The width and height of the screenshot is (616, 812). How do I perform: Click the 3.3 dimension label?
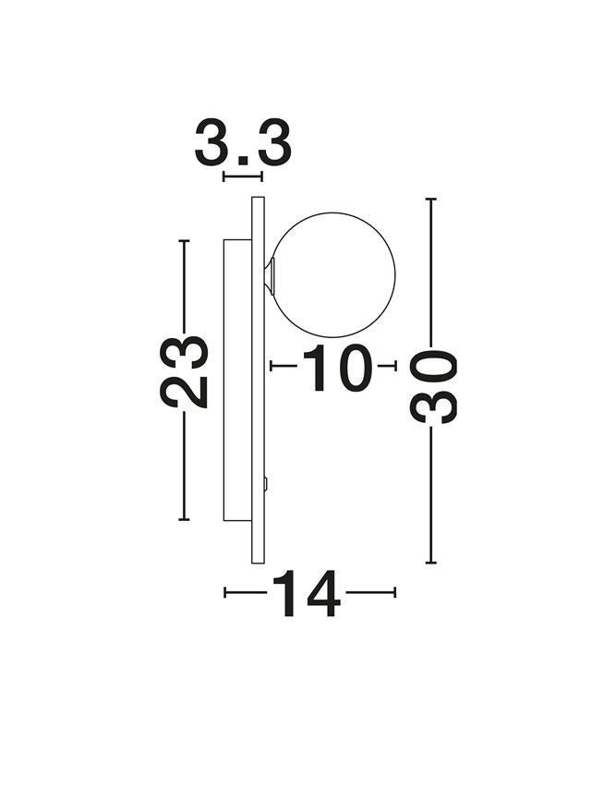click(243, 144)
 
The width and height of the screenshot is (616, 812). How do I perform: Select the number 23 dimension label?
click(185, 371)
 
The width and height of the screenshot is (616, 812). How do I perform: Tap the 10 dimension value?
click(337, 367)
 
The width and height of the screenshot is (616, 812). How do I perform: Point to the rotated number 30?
click(434, 386)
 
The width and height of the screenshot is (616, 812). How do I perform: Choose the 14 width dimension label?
click(306, 593)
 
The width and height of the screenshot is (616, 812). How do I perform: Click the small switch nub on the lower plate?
click(266, 482)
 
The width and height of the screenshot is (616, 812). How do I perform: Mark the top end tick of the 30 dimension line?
click(430, 199)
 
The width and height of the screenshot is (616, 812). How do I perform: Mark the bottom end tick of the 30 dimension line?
click(430, 563)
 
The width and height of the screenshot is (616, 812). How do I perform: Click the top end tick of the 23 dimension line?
click(184, 240)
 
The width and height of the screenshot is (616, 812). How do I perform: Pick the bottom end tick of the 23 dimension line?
click(184, 520)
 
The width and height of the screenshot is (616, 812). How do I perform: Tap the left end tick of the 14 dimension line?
click(224, 592)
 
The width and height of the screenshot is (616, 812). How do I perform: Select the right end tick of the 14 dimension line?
click(395, 592)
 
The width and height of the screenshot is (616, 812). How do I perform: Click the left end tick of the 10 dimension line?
click(271, 366)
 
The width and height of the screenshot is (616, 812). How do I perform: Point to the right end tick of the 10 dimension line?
click(395, 366)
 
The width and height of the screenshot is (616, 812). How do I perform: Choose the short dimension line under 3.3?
click(243, 176)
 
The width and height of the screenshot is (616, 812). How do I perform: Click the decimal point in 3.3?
click(243, 163)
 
